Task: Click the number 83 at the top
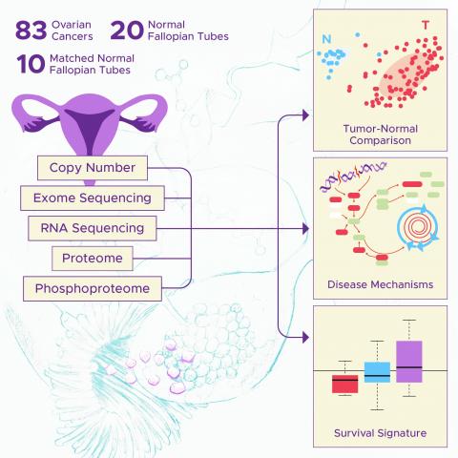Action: point(31,31)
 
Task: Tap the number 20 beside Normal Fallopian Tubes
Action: point(127,31)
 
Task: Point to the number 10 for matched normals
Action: point(31,64)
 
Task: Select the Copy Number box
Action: point(93,168)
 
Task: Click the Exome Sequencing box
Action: point(93,198)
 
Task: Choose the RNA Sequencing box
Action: point(93,228)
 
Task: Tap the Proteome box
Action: point(93,259)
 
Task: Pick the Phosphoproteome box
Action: point(93,288)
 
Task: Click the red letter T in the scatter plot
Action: point(426,25)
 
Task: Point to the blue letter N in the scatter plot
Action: point(326,39)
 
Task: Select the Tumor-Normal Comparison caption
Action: point(381,135)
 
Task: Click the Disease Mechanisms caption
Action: point(381,284)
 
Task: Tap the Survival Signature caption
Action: point(381,433)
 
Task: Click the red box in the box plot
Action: point(345,384)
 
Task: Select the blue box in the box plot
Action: point(377,372)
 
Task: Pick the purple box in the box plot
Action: point(409,362)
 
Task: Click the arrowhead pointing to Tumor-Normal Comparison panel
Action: point(305,115)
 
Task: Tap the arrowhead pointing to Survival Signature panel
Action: point(305,338)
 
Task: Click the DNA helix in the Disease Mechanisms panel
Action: point(353,176)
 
